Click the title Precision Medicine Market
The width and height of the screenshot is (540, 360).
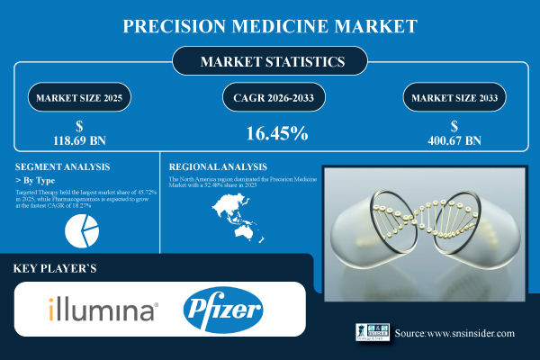point(270,26)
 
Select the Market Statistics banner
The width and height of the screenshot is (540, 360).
point(270,63)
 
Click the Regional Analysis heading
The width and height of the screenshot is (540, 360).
point(217,167)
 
